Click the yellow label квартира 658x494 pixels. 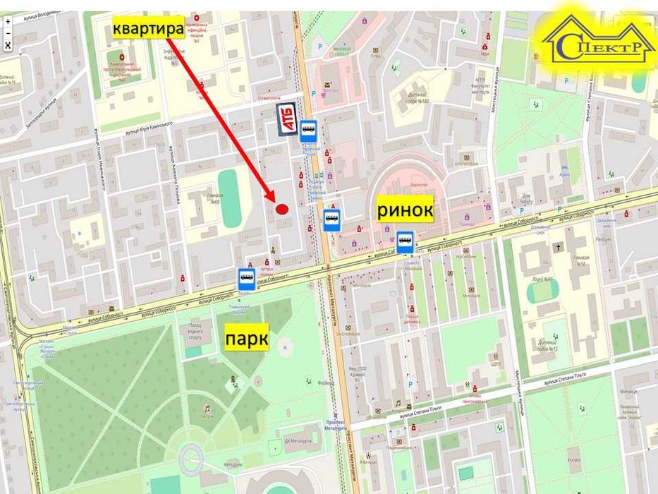point(148,29)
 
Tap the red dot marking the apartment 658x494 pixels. point(281,209)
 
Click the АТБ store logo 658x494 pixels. point(286,116)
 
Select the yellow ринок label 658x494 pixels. point(405,210)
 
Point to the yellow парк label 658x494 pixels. point(246,339)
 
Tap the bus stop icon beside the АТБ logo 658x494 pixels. point(308,131)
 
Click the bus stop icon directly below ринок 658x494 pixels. point(405,242)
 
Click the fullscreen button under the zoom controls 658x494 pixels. point(8,44)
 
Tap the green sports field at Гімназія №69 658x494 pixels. point(229,198)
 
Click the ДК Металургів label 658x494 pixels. point(297,442)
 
